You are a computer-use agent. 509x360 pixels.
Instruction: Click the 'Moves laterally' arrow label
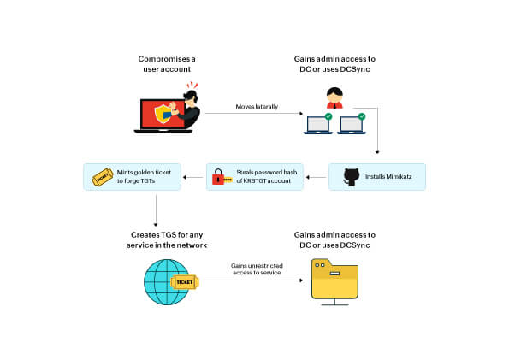pos(257,107)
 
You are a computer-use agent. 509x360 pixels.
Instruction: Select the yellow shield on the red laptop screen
pos(163,114)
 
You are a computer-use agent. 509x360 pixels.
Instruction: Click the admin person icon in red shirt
pos(334,97)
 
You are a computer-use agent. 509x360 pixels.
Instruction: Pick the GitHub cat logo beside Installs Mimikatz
pos(352,177)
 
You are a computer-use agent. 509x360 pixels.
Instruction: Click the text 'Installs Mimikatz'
pos(388,177)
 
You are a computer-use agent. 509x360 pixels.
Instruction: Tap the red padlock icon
pos(218,177)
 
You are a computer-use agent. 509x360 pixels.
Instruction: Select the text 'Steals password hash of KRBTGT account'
pos(267,177)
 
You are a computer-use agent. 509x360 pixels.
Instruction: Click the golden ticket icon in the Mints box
pos(103,177)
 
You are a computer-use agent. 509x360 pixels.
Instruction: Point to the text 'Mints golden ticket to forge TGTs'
pos(144,177)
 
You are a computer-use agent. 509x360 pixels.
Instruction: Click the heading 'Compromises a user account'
pos(167,64)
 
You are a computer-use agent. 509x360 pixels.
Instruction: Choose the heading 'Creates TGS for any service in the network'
pos(167,240)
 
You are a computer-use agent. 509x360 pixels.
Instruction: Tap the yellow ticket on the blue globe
pos(185,282)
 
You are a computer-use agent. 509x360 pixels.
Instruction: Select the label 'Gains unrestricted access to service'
pos(257,269)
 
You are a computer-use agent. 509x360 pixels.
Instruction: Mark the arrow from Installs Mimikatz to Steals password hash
pos(317,177)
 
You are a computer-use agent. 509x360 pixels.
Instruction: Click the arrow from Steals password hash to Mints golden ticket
pos(193,177)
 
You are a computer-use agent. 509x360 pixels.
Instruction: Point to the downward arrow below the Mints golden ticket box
pos(156,210)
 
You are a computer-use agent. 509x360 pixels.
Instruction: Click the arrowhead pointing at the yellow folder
pos(301,280)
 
